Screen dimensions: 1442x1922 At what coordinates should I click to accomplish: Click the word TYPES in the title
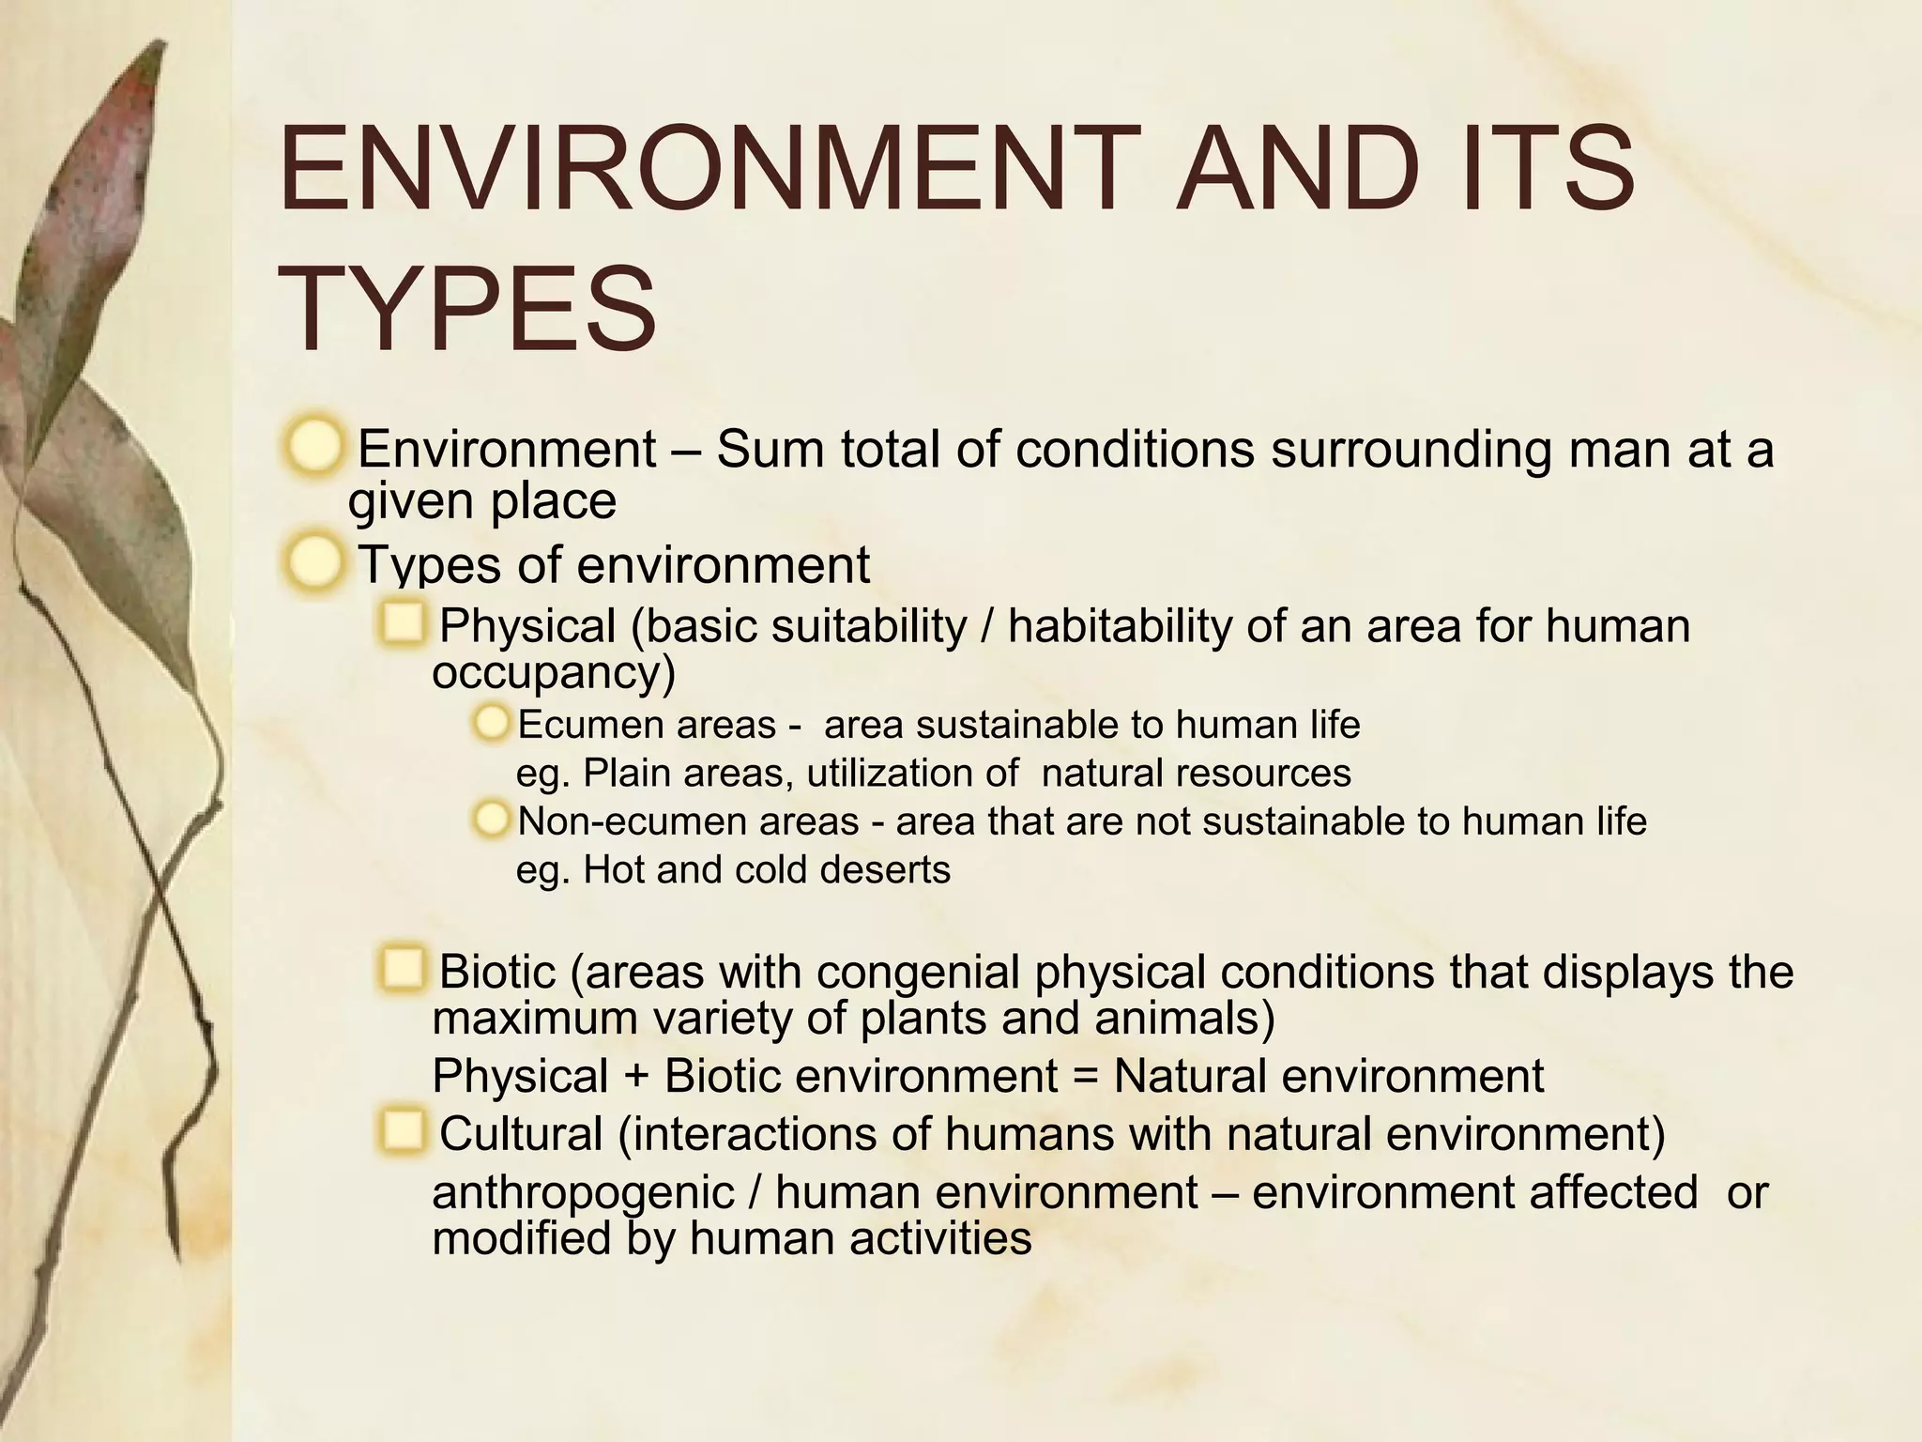click(466, 309)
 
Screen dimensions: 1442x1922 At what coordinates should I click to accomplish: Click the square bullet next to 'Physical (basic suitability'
click(404, 624)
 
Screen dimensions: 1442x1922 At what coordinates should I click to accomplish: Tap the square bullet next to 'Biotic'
click(404, 969)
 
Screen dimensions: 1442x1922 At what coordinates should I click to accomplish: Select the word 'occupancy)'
click(554, 672)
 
